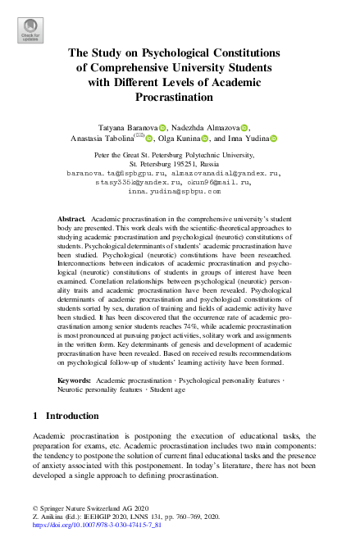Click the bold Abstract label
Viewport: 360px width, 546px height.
point(71,221)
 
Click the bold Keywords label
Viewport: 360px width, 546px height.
point(75,381)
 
